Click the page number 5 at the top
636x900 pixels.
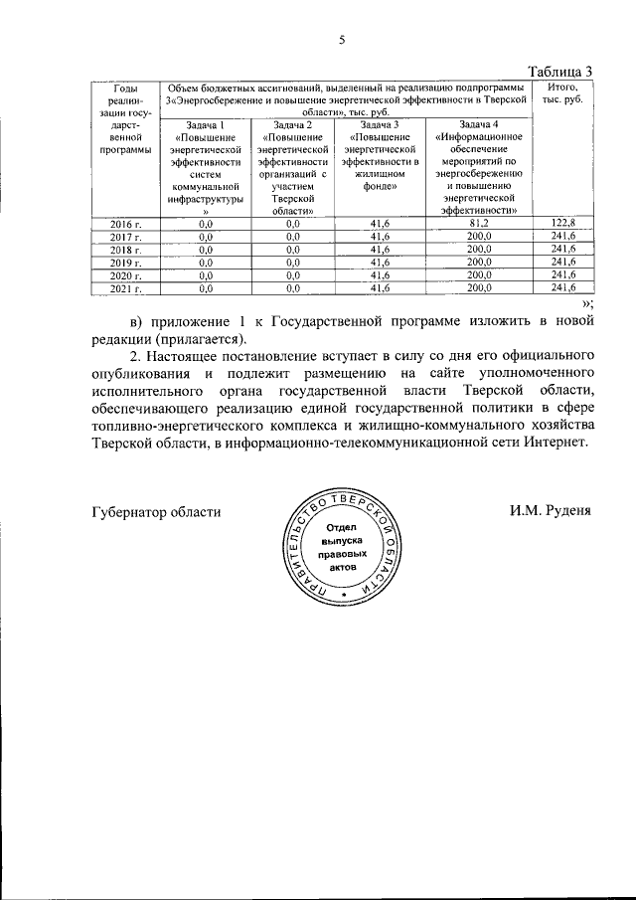(341, 41)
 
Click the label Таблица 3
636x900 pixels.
(559, 71)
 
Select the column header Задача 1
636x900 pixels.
(207, 124)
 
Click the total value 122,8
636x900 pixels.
(562, 223)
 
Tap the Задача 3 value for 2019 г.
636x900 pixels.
(378, 263)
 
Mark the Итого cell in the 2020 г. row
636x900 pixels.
(562, 275)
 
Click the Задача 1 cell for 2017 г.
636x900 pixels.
(207, 237)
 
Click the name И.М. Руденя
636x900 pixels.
(550, 511)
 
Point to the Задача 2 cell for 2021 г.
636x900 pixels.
(292, 288)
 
